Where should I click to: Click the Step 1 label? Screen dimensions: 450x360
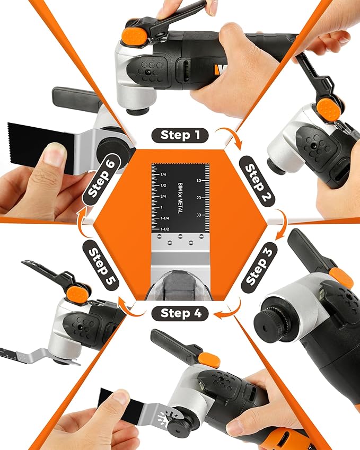[180, 135]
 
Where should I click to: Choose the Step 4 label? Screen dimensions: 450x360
[180, 313]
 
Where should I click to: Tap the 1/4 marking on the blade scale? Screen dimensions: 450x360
[163, 174]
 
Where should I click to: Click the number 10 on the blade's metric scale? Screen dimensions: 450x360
[198, 181]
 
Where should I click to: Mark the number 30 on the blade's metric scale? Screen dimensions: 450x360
[198, 215]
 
